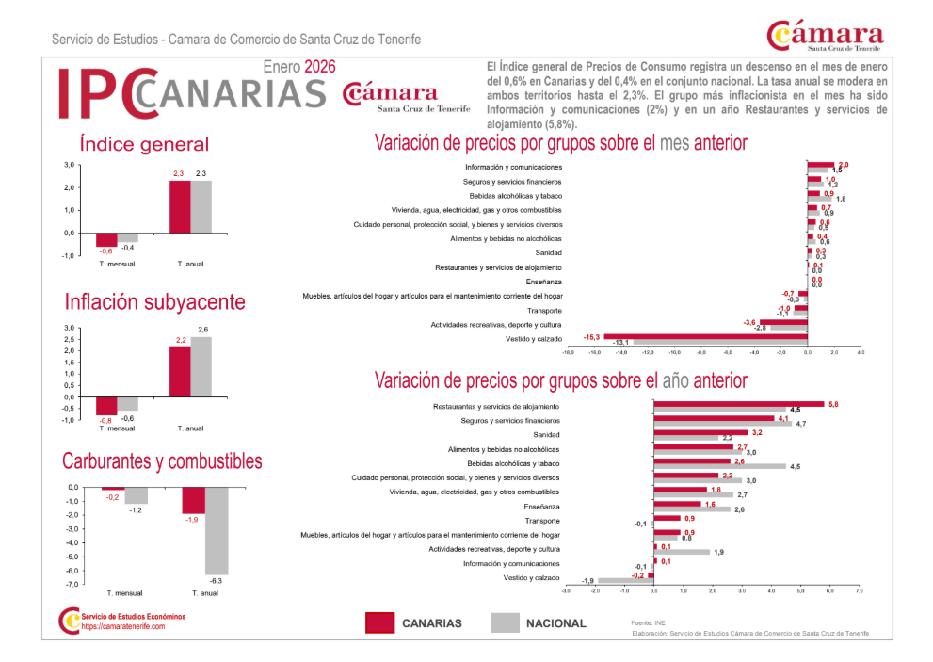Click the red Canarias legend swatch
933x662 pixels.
click(379, 622)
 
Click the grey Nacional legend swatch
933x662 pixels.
click(506, 622)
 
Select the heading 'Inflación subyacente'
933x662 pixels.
click(154, 302)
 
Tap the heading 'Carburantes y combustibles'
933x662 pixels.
click(162, 461)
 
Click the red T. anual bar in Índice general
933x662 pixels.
click(180, 206)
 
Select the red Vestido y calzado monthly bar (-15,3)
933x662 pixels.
click(705, 335)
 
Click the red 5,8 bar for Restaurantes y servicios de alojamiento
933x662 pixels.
click(739, 404)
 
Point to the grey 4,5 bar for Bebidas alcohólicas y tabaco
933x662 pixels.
click(720, 466)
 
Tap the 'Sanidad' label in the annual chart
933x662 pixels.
click(547, 435)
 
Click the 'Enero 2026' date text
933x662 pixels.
click(299, 67)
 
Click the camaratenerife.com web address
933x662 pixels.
click(122, 626)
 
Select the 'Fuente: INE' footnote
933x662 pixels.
click(648, 622)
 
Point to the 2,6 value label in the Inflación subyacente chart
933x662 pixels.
click(203, 329)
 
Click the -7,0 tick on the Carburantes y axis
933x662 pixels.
click(72, 585)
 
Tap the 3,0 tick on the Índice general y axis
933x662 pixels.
click(69, 166)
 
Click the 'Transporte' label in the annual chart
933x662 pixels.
click(542, 521)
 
